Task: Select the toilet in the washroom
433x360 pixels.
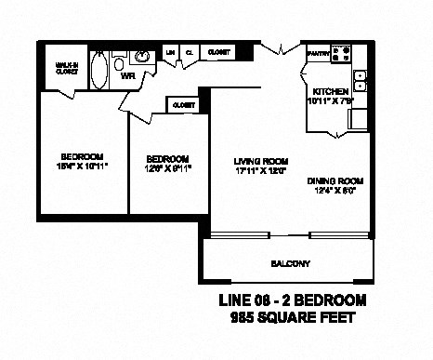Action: (x=119, y=62)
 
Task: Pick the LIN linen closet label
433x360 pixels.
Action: (x=170, y=52)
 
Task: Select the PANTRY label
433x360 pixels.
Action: (x=316, y=54)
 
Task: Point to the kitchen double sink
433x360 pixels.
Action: (x=361, y=80)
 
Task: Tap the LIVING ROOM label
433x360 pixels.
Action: (x=255, y=161)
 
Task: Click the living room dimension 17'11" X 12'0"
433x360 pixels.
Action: (x=255, y=170)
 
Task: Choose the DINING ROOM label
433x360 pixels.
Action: (x=335, y=180)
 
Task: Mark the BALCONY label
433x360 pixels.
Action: (x=290, y=263)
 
